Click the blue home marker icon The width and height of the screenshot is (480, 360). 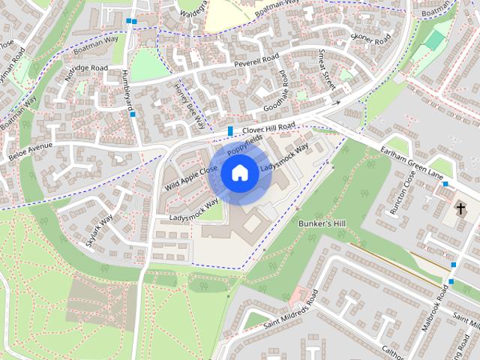click(239, 172)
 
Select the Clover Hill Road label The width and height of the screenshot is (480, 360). click(269, 127)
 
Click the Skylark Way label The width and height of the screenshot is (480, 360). click(99, 229)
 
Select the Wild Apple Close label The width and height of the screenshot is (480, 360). click(191, 177)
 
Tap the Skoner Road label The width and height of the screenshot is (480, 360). click(371, 37)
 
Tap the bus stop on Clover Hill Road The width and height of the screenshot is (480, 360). click(230, 132)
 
